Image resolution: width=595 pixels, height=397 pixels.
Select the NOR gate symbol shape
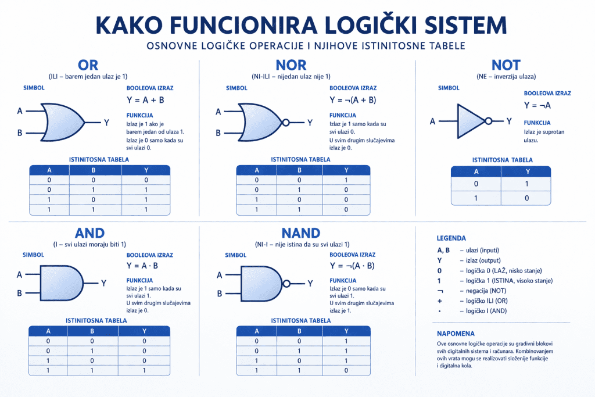point(259,123)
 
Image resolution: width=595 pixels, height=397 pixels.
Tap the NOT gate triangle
point(470,121)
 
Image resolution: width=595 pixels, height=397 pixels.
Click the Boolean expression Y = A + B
point(145,100)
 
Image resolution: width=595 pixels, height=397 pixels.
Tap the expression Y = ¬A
point(537,105)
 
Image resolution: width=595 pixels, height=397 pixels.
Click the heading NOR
point(299,65)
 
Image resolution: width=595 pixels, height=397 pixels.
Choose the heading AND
point(90,233)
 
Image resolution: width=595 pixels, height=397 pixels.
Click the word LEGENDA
point(451,238)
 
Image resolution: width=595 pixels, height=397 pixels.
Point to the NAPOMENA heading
point(456,334)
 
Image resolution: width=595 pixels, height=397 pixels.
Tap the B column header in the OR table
point(93,170)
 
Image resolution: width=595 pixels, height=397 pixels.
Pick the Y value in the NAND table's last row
point(346,370)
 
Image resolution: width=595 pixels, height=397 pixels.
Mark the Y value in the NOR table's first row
point(346,180)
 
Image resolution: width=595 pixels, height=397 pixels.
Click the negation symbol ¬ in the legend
point(440,290)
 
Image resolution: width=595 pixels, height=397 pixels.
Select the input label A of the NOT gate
point(432,121)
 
